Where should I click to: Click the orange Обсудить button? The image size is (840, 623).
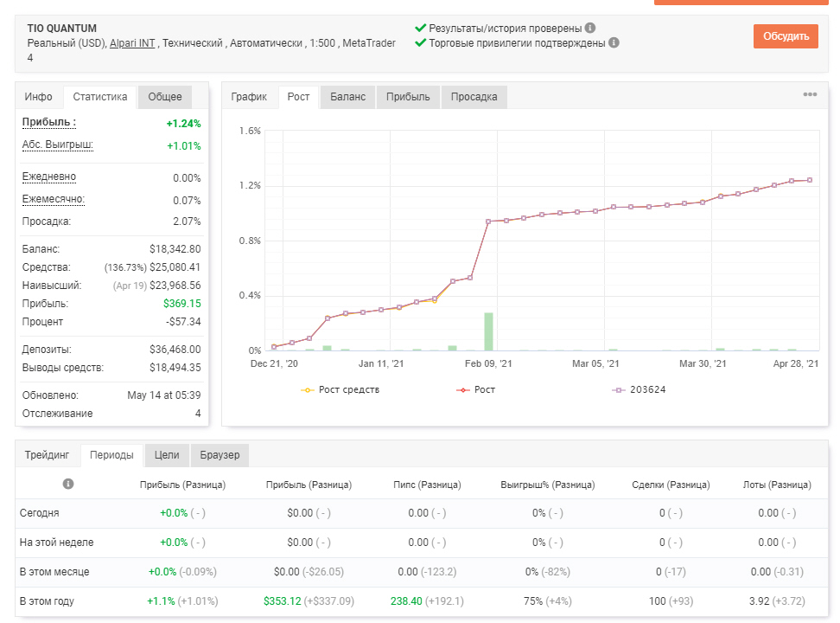point(786,36)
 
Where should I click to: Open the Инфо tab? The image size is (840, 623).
point(39,97)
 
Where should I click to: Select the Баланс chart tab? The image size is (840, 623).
point(347,97)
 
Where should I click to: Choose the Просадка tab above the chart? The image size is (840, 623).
point(474,97)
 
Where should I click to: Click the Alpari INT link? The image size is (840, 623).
point(132,43)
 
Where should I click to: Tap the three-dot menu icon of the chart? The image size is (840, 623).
point(810,94)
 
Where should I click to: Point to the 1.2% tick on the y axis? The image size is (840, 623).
point(250,186)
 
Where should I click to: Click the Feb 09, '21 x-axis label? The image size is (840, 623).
point(488,363)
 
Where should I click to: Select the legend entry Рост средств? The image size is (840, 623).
point(340,389)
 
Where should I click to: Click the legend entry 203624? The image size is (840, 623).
point(640,389)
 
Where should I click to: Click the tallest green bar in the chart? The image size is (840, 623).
point(488,331)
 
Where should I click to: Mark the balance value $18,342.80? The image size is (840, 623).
point(175,249)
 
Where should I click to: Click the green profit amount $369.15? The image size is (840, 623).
point(182,304)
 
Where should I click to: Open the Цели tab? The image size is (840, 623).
point(167,455)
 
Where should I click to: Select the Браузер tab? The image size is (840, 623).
point(220,455)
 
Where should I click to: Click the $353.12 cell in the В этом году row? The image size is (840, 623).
point(283,601)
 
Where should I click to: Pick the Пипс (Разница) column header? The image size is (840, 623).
point(427,485)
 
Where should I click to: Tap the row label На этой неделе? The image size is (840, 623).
point(56,543)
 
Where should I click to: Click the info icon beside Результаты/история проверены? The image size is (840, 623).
point(590,28)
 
